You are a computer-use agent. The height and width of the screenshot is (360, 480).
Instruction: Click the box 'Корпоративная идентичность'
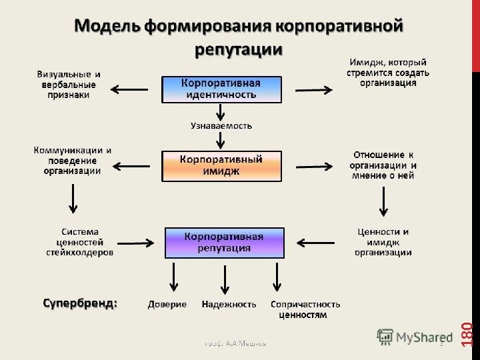coord(221,89)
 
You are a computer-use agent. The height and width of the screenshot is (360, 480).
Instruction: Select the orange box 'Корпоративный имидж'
coord(221,165)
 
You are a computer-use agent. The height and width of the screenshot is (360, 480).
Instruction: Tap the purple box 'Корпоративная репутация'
coord(224,243)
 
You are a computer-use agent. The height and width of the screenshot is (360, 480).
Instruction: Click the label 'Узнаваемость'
coord(221,125)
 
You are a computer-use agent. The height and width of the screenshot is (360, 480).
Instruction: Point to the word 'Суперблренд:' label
coord(80,303)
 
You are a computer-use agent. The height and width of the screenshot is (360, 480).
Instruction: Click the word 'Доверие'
coord(167,304)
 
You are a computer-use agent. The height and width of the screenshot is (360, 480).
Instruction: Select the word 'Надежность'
coord(229,304)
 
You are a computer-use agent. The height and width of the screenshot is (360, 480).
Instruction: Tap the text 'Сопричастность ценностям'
coord(305,309)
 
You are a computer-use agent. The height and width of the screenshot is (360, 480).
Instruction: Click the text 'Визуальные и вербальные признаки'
coord(69,85)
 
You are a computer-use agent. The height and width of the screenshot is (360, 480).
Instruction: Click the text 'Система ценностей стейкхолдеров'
coord(80,242)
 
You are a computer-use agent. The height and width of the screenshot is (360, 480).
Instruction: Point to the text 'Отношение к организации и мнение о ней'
coord(383,165)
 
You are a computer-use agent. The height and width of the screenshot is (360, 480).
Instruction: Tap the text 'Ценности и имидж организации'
coord(383,242)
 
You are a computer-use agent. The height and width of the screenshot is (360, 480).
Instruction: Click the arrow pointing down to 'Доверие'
coord(174,277)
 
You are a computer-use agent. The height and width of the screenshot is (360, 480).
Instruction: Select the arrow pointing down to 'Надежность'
coord(225,278)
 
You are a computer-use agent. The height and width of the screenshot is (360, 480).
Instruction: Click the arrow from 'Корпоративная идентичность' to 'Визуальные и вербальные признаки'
coord(129,89)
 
